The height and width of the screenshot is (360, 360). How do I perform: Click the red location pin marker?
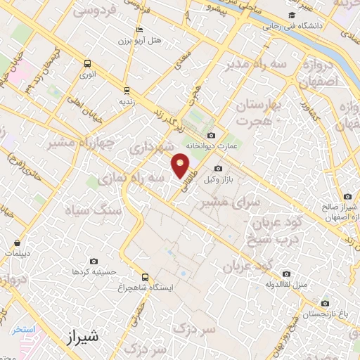click(181, 166)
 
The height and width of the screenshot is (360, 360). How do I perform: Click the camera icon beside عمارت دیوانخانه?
click(211, 136)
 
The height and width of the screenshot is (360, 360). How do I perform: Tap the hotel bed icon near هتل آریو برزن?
click(140, 30)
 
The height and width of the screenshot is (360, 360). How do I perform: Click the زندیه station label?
click(126, 100)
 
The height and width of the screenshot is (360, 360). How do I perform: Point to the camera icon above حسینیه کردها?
click(94, 261)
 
